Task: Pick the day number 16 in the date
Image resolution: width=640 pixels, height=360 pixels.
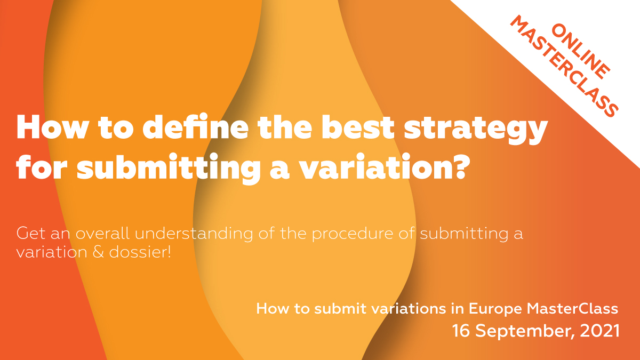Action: [x=462, y=331]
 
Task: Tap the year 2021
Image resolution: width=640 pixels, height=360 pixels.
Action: [x=601, y=331]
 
